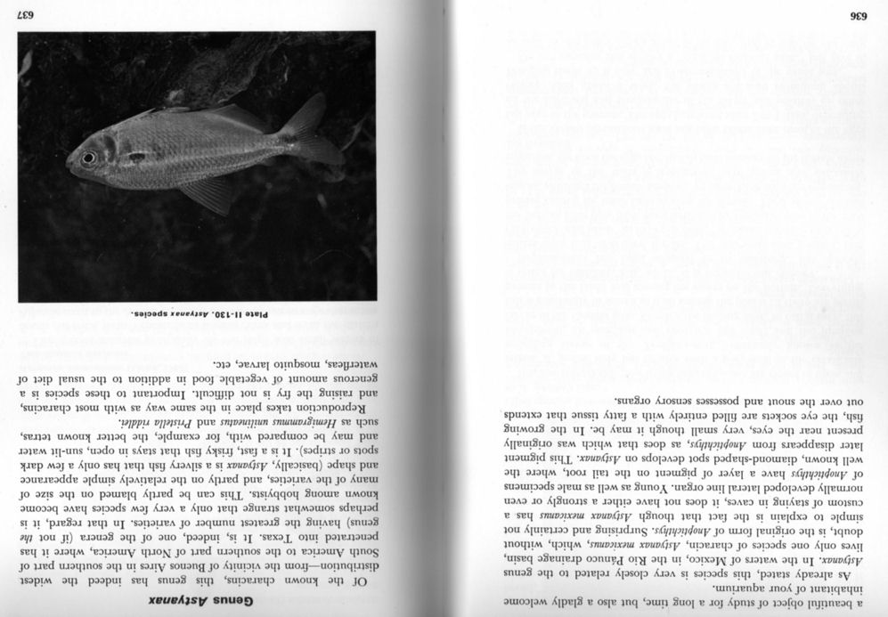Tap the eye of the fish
[88, 158]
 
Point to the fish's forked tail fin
[308, 134]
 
